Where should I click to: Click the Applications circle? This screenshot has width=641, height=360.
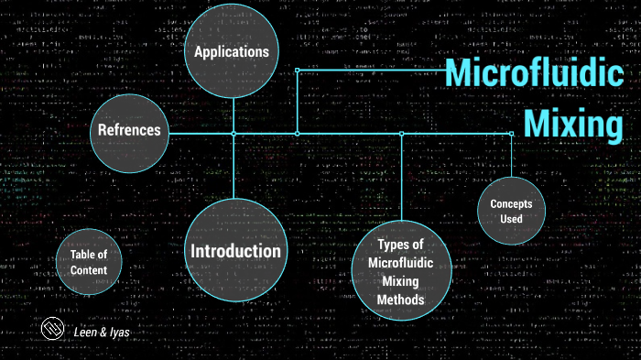(232, 51)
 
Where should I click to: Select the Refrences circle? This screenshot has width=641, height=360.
(129, 131)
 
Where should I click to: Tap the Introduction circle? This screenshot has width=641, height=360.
(234, 251)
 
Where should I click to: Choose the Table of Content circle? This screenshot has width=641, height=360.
(89, 263)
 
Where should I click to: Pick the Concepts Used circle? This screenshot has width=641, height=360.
(512, 211)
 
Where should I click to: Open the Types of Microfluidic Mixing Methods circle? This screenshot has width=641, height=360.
(400, 272)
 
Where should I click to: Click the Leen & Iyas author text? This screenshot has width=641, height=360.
(101, 333)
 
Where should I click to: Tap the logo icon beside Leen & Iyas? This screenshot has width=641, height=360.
(53, 331)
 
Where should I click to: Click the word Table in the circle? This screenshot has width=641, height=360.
(89, 255)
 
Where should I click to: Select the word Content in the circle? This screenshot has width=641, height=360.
(89, 270)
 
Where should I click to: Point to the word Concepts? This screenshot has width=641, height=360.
(512, 203)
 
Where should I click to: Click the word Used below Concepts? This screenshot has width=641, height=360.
(512, 219)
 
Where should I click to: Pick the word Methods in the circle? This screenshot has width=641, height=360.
(400, 300)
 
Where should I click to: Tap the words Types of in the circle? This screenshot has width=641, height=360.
(400, 245)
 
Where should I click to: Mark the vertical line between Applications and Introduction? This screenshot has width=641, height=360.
(234, 165)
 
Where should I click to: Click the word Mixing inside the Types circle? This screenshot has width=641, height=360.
(400, 281)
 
